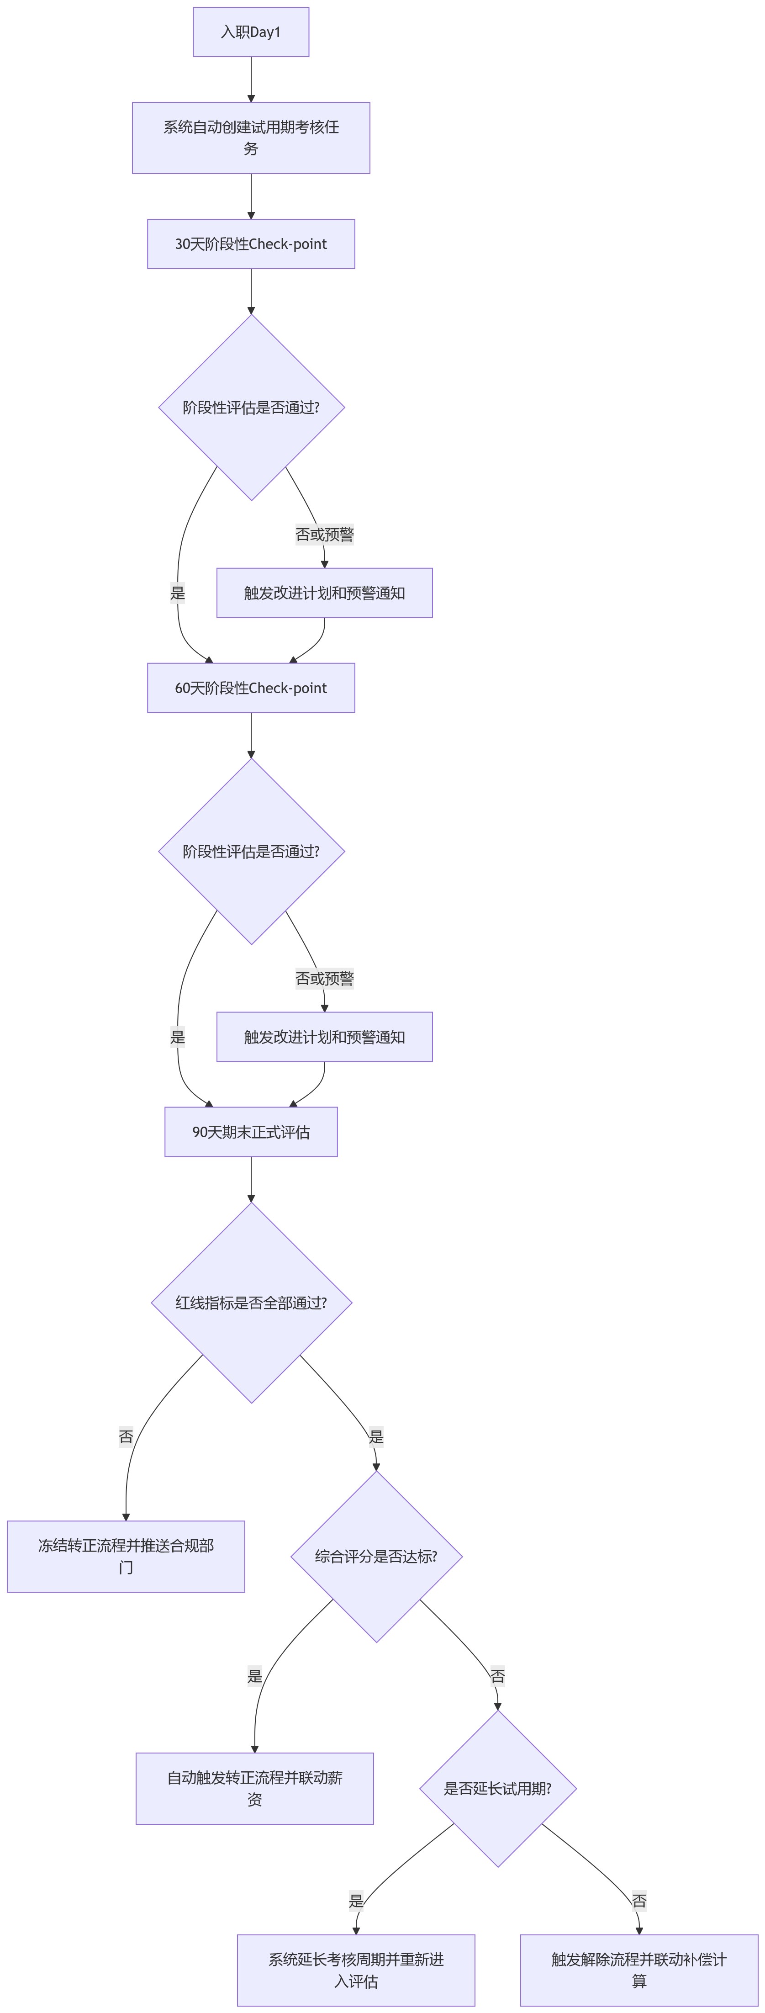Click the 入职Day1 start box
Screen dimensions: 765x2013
251,32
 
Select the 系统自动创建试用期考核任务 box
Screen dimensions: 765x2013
251,138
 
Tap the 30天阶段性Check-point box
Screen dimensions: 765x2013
251,244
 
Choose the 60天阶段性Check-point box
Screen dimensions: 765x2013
251,688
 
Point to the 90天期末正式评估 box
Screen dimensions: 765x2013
251,1132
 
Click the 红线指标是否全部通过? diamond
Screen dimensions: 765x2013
251,1303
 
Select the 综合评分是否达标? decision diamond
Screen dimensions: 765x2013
376,1557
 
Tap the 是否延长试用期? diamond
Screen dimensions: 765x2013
498,1789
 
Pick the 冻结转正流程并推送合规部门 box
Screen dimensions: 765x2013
126,1557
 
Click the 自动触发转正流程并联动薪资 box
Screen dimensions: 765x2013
255,1789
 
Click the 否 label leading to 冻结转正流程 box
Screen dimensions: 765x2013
126,1436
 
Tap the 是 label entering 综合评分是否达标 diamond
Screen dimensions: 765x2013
376,1436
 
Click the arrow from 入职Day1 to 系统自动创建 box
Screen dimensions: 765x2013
251,79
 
